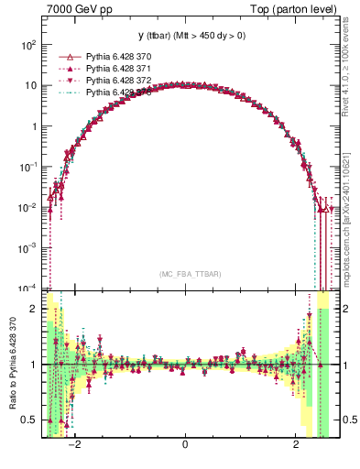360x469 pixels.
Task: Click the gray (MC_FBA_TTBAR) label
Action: (x=185, y=275)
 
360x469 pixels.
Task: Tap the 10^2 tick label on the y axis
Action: (x=29, y=45)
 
